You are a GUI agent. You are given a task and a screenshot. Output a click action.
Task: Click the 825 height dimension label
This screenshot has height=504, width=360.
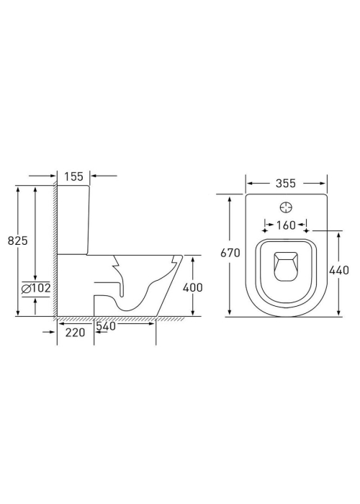coord(18,240)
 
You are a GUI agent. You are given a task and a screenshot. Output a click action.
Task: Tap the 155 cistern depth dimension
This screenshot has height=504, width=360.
coord(73,176)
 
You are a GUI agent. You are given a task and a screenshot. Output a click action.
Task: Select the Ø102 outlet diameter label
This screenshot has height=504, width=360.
coord(36,288)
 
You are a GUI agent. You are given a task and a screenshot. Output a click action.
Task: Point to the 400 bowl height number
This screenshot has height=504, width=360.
coord(192,287)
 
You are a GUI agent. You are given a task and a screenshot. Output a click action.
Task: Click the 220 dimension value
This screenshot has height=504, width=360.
coord(75,333)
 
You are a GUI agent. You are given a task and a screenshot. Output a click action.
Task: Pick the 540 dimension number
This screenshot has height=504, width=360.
coord(106,326)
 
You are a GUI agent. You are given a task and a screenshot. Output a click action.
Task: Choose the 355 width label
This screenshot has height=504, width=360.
coord(285,183)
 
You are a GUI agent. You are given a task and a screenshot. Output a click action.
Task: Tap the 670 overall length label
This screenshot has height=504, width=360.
coord(230,253)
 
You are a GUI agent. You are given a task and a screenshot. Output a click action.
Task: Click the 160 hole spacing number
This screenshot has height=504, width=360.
coord(286,225)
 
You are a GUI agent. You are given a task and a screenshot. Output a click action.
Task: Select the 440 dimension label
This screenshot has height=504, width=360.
coord(339,270)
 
